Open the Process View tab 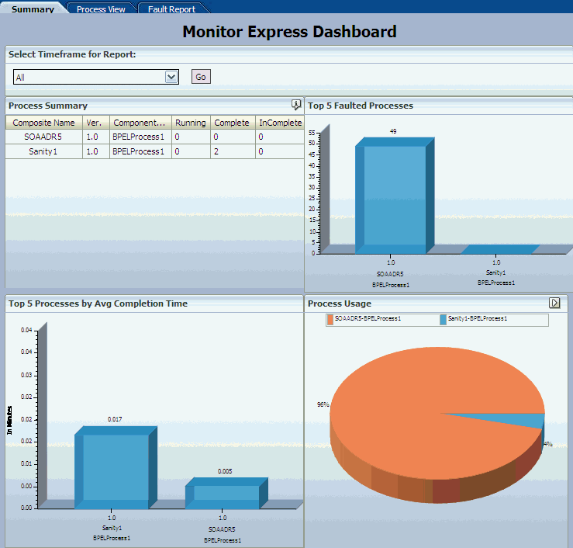coord(102,9)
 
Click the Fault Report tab coord(171,9)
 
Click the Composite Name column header coord(43,123)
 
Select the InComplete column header coord(279,123)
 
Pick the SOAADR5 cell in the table coord(43,137)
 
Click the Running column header coord(190,123)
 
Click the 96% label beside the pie coord(323,404)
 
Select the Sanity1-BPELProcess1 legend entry coord(478,319)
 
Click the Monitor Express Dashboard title coord(289,32)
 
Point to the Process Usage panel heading coord(340,303)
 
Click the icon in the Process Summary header coord(295,105)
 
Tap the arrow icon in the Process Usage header coord(554,303)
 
